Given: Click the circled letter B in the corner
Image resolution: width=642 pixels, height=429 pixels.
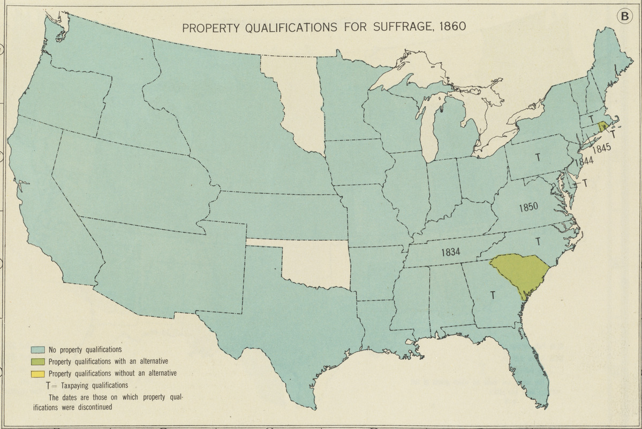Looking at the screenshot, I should [x=623, y=17].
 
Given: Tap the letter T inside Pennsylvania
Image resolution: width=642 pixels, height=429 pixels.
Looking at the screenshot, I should [x=537, y=157].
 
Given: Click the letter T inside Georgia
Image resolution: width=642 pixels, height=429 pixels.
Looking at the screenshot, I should [x=492, y=294].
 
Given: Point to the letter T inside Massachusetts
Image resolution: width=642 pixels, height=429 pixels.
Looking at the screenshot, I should [x=591, y=119].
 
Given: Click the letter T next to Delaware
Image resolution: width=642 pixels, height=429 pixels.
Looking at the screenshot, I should [x=585, y=183].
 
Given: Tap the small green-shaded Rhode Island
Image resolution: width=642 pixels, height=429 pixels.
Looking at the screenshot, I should [x=603, y=127].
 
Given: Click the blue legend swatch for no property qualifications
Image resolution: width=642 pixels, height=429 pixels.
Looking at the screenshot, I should [x=37, y=350].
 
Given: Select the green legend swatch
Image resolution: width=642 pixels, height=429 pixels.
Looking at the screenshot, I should [x=37, y=362].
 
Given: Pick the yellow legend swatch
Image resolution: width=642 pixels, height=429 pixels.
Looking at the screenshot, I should [x=37, y=374].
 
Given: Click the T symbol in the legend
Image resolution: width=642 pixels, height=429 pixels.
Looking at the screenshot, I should [x=49, y=386].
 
